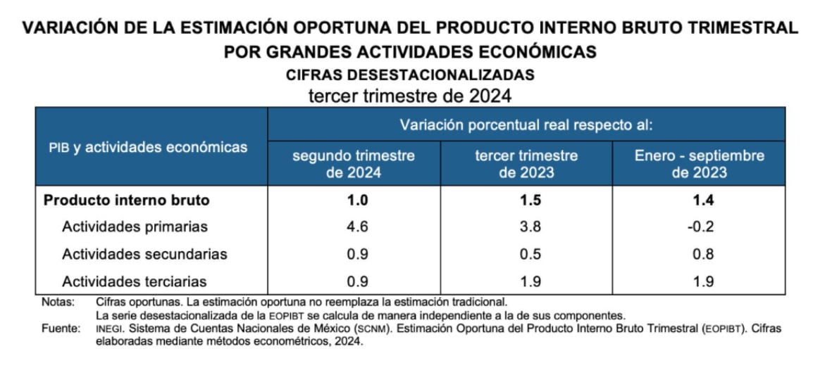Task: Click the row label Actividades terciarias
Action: pyautogui.click(x=135, y=281)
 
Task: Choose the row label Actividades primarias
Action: pyautogui.click(x=135, y=227)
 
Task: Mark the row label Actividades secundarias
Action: pyautogui.click(x=144, y=254)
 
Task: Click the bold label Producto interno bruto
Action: pyautogui.click(x=127, y=200)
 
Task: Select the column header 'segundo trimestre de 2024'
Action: pyautogui.click(x=354, y=164)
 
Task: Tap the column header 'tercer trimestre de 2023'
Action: pyautogui.click(x=526, y=164)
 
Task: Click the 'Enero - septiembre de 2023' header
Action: pyautogui.click(x=699, y=164)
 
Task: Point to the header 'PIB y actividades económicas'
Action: pyautogui.click(x=148, y=147)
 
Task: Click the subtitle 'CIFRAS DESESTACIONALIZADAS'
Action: pyautogui.click(x=410, y=75)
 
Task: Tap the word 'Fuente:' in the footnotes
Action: pyautogui.click(x=60, y=329)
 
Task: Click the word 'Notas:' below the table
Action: pyautogui.click(x=58, y=302)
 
